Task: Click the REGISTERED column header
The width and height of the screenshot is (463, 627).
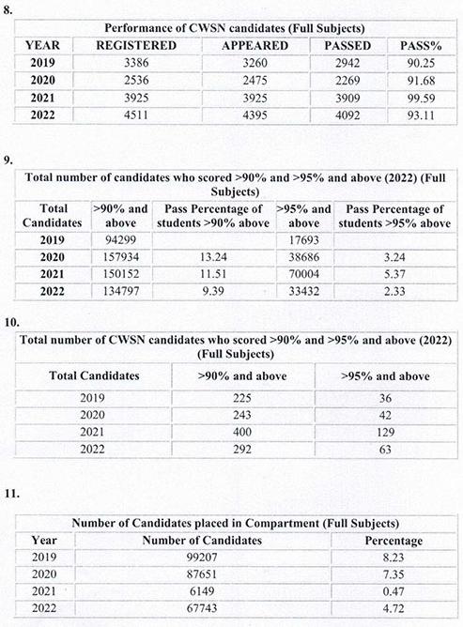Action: point(141,44)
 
